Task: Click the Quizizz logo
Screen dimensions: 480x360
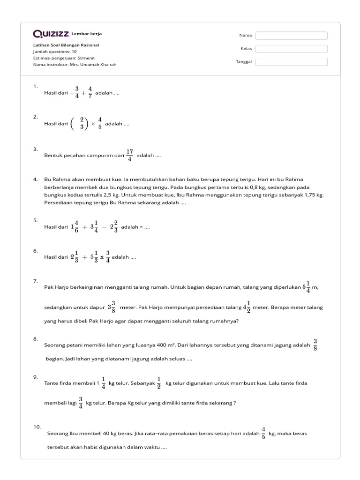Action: point(51,34)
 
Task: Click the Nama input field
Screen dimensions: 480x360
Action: point(291,35)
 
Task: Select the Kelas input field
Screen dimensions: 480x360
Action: point(291,48)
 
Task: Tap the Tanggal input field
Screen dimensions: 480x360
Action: point(291,61)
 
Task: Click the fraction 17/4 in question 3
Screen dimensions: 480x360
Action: point(130,155)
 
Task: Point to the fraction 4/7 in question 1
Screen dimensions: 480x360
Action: point(90,93)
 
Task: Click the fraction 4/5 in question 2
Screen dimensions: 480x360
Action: point(100,124)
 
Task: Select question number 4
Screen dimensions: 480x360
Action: point(35,179)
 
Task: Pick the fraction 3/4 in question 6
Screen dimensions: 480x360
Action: point(108,257)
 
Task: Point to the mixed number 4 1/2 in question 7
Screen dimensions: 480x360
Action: point(247,307)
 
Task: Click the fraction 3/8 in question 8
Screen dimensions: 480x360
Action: point(315,345)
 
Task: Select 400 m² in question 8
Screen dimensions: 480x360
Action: point(165,345)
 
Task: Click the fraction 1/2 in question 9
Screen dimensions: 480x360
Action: point(159,383)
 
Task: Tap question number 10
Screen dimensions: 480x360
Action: point(37,427)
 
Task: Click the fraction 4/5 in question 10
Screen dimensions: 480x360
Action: point(264,434)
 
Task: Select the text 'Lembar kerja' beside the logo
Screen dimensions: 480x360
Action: point(86,34)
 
